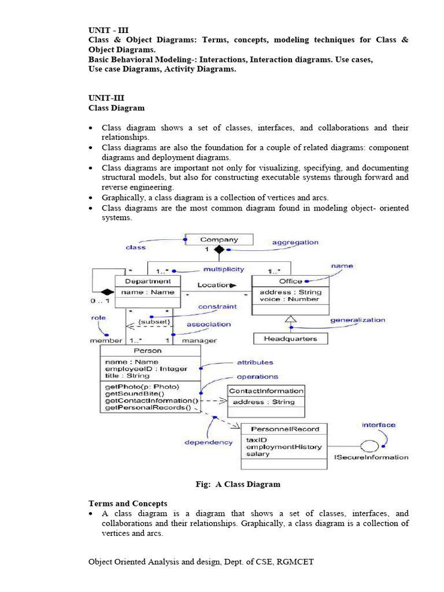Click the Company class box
click(x=219, y=239)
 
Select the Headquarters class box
click(x=290, y=339)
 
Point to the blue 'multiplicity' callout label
click(x=223, y=269)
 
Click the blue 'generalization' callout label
click(x=357, y=320)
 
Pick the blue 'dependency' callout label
click(x=208, y=442)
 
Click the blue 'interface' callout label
click(x=379, y=425)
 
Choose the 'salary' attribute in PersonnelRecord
click(x=258, y=454)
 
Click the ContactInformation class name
click(x=265, y=391)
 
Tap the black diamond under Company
click(x=219, y=250)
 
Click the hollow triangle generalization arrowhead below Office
click(x=290, y=319)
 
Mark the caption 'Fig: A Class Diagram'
click(x=238, y=484)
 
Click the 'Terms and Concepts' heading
click(x=128, y=504)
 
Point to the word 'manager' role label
click(x=199, y=341)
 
